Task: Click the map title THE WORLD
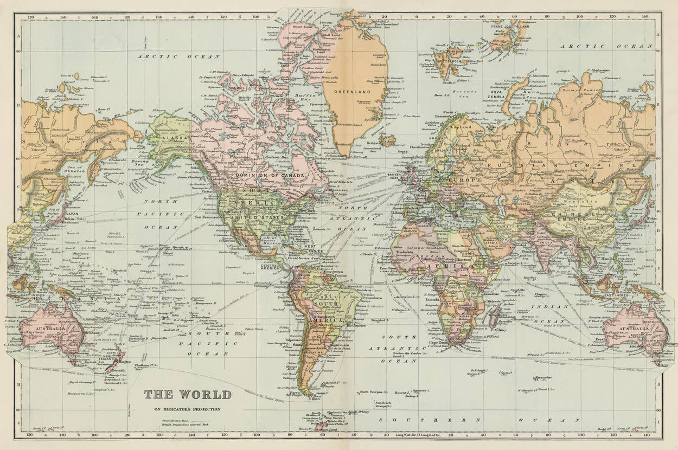(188, 394)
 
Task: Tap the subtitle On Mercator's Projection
(188, 409)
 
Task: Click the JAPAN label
(72, 214)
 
